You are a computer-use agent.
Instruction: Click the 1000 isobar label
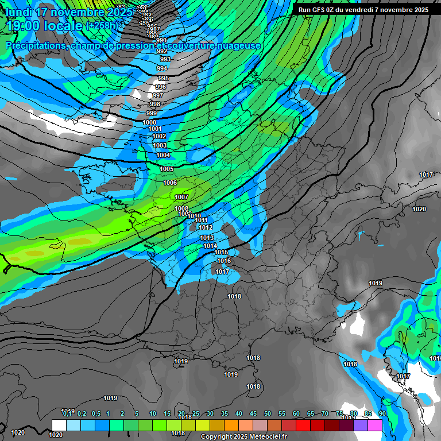pyautogui.click(x=149, y=122)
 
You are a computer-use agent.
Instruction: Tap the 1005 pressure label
pyautogui.click(x=167, y=169)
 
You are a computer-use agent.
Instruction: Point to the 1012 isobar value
pyautogui.click(x=206, y=228)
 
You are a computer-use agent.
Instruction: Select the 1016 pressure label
pyautogui.click(x=224, y=261)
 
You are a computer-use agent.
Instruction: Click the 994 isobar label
pyautogui.click(x=162, y=68)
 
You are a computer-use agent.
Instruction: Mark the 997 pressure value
pyautogui.click(x=157, y=95)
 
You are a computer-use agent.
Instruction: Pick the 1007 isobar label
pyautogui.click(x=181, y=197)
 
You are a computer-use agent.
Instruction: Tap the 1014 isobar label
pyautogui.click(x=210, y=246)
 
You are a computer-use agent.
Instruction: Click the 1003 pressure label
pyautogui.click(x=160, y=145)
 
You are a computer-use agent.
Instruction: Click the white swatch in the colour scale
pyautogui.click(x=59, y=425)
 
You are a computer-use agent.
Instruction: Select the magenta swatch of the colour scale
pyautogui.click(x=374, y=425)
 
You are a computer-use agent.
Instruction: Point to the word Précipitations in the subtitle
pyautogui.click(x=34, y=45)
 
